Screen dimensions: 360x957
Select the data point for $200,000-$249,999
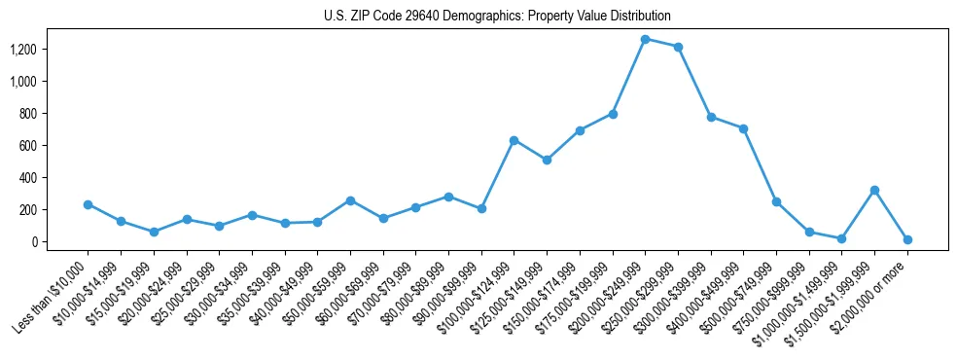tap(646, 39)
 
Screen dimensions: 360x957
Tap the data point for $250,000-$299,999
tap(678, 47)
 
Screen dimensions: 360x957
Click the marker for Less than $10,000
tap(88, 204)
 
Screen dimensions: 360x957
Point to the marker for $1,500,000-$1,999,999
tap(875, 190)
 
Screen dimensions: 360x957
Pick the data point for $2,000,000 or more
tap(907, 239)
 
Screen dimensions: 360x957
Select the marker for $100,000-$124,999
tap(514, 140)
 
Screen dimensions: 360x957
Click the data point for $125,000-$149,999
tap(547, 160)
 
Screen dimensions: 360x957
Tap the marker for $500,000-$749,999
tap(776, 201)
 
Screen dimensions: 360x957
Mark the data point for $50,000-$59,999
tap(350, 200)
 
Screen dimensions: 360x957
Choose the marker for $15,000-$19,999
tap(154, 232)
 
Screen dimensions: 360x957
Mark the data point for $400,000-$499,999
tap(744, 128)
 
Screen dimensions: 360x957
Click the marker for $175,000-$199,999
tap(613, 114)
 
